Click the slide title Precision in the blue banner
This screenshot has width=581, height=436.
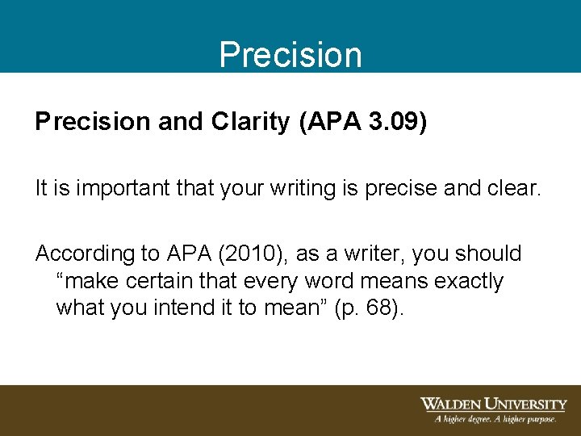(x=290, y=55)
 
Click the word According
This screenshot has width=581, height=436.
(x=86, y=254)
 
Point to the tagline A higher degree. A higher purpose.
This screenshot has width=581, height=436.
(x=495, y=419)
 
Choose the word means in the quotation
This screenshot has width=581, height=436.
(x=387, y=281)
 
